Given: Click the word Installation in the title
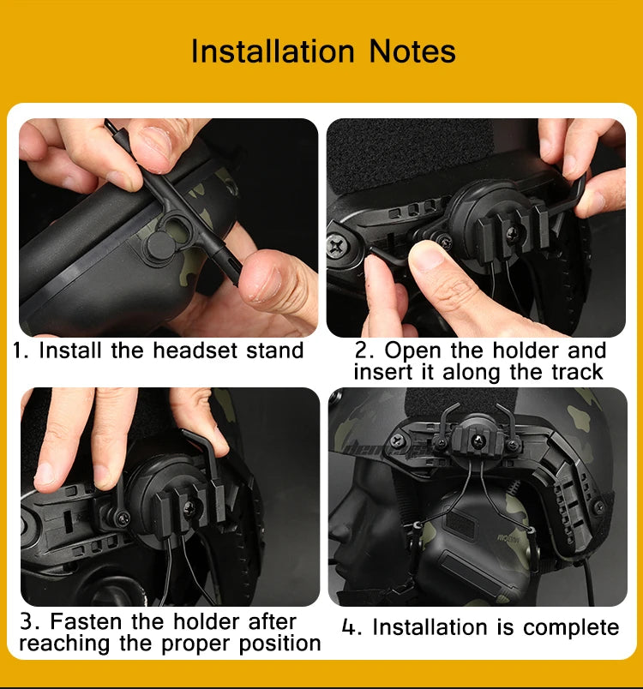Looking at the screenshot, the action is (x=273, y=51).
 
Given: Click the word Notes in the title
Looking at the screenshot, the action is (x=412, y=51).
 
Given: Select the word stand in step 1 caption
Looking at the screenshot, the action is (x=274, y=350).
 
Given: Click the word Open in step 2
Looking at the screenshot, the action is (x=412, y=351).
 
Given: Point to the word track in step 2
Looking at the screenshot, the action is (x=577, y=372).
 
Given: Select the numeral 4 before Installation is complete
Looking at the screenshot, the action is (x=349, y=627).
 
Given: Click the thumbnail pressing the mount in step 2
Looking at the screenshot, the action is (x=426, y=255).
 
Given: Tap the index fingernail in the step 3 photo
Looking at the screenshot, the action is (x=44, y=475).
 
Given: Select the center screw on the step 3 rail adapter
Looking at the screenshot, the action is (x=189, y=508).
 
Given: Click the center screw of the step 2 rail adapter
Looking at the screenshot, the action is (x=511, y=231).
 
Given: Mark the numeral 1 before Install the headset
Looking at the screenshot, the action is (x=18, y=350).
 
